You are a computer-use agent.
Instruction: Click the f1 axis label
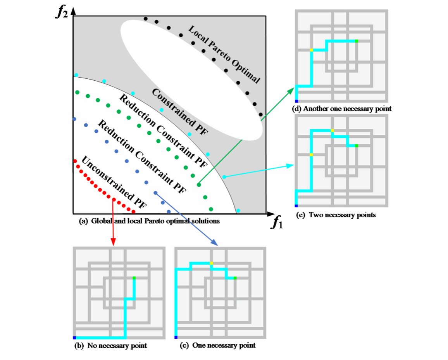pos(277,223)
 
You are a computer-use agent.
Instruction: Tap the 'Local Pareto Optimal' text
pos(224,54)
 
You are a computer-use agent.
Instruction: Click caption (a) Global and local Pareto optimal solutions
pos(149,221)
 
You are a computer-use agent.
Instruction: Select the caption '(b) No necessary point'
pos(110,345)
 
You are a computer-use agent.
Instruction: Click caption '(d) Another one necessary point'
pos(341,109)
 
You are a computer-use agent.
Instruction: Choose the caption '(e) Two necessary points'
pos(336,215)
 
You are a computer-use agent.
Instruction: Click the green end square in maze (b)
pos(134,278)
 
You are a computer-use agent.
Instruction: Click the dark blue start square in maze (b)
pos(74,337)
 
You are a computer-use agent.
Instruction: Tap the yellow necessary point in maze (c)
pos(211,263)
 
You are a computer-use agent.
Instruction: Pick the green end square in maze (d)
pos(356,41)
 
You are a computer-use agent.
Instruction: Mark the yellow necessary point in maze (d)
pos(311,50)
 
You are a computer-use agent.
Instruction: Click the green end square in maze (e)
pos(356,145)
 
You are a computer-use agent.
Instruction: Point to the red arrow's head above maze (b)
pos(113,243)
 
